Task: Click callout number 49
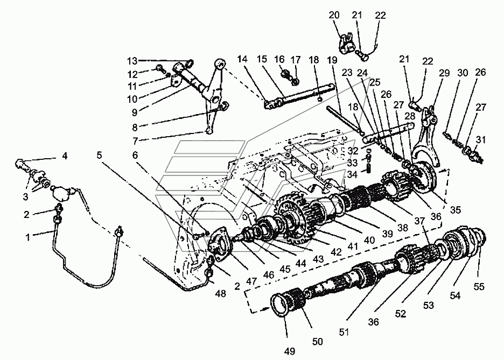click(x=289, y=351)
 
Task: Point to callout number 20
click(x=334, y=16)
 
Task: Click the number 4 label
click(x=65, y=157)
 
